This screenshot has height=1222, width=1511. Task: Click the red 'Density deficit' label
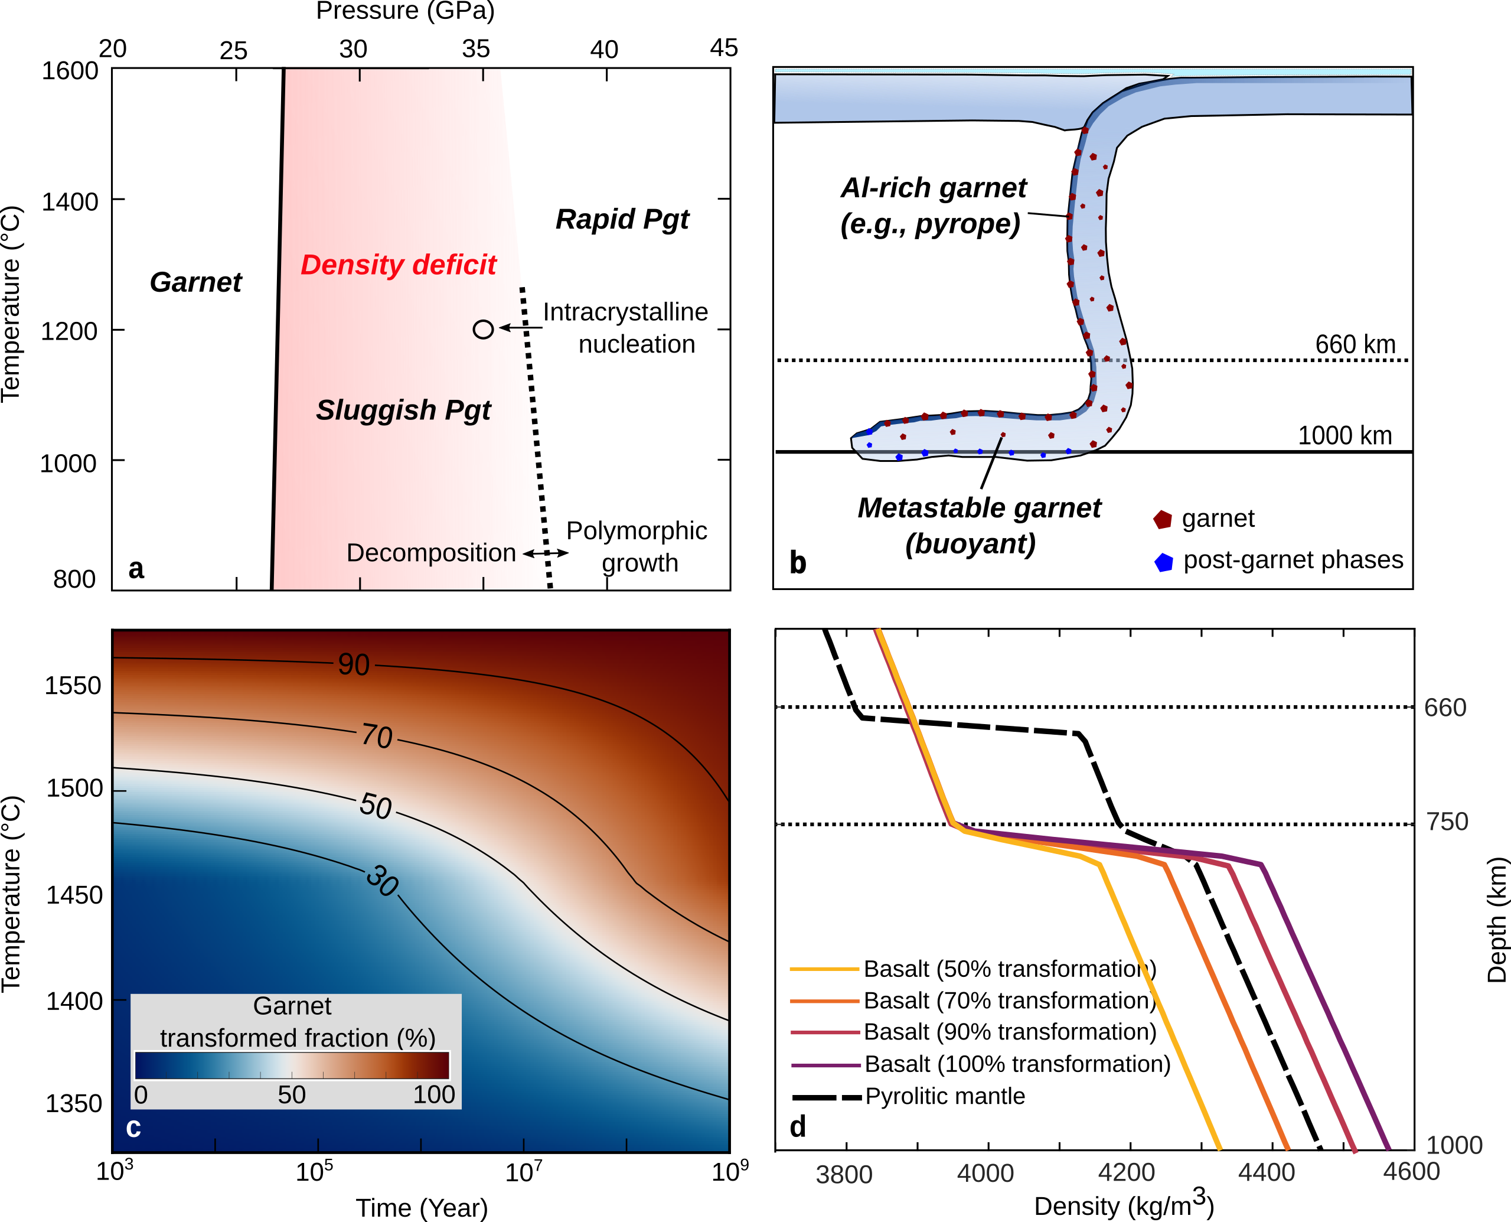399,265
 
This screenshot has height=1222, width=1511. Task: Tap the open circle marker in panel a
483,329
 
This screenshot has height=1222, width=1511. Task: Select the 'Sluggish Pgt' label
403,410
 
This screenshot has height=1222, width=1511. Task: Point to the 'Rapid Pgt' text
622,219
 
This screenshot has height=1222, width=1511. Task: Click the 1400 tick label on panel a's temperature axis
70,202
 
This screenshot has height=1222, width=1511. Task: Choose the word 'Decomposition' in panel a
430,553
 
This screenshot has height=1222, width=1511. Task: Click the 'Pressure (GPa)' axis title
406,11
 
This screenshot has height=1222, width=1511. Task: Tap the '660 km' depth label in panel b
1355,344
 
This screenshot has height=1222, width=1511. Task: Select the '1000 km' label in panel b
1344,435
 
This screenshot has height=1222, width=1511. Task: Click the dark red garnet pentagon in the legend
1163,520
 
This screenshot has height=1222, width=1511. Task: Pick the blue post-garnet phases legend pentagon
1164,562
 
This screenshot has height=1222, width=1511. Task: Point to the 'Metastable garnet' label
979,507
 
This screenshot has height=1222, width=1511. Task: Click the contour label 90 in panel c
353,664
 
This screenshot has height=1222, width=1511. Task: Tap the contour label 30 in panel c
382,881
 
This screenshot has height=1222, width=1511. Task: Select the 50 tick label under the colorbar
291,1094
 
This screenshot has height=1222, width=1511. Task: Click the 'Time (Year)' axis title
422,1208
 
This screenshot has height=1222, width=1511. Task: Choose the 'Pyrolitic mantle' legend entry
945,1096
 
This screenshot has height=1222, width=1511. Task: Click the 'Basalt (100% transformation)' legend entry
1017,1064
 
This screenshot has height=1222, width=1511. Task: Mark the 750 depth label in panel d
1447,822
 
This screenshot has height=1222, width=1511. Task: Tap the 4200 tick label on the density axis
1126,1173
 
